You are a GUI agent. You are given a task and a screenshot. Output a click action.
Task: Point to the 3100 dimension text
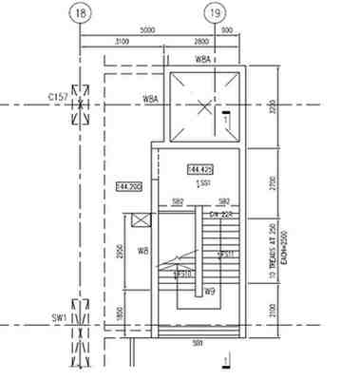click(122, 44)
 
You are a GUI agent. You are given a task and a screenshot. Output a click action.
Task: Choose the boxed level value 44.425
click(199, 168)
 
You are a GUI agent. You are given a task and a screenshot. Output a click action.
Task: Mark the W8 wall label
click(143, 251)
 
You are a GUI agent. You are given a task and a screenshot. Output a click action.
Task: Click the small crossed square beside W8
click(142, 221)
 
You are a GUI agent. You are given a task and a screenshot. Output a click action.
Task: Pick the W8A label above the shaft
click(203, 60)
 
